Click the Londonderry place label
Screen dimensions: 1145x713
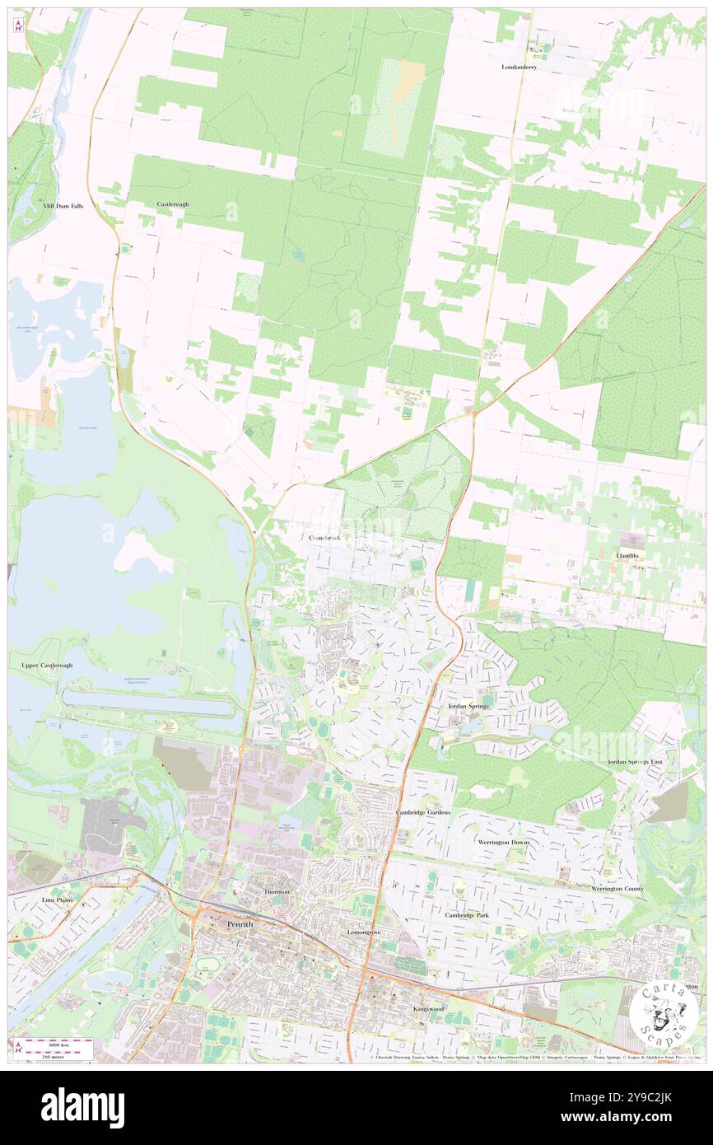[x=519, y=67]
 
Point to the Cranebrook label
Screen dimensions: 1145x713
[x=325, y=537]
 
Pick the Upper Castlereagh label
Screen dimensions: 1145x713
[x=41, y=665]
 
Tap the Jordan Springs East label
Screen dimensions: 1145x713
[x=636, y=762]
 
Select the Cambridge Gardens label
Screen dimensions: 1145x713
[x=423, y=812]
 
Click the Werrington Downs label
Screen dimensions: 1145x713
[x=504, y=843]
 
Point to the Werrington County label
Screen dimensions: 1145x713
[x=617, y=889]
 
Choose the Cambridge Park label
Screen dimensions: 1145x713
[x=467, y=915]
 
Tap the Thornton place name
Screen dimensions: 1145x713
[x=276, y=892]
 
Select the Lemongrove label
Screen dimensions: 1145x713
[x=363, y=932]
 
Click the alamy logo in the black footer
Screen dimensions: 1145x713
[x=82, y=1108]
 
